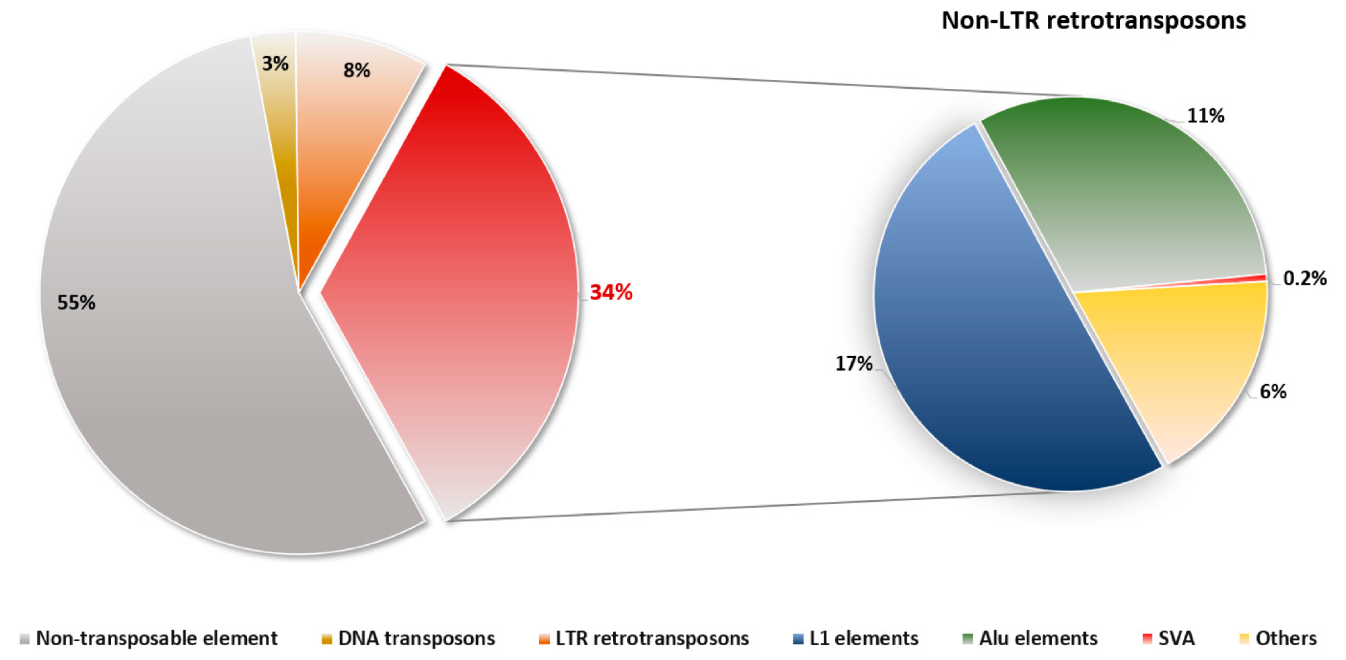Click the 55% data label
(76, 303)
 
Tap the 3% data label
(275, 64)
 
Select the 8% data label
(357, 71)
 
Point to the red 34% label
(611, 293)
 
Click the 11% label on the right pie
(1205, 116)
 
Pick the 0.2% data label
(1304, 279)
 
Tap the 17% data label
(853, 364)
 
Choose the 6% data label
(1273, 392)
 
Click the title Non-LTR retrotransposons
(1093, 21)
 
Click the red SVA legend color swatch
(1147, 639)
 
